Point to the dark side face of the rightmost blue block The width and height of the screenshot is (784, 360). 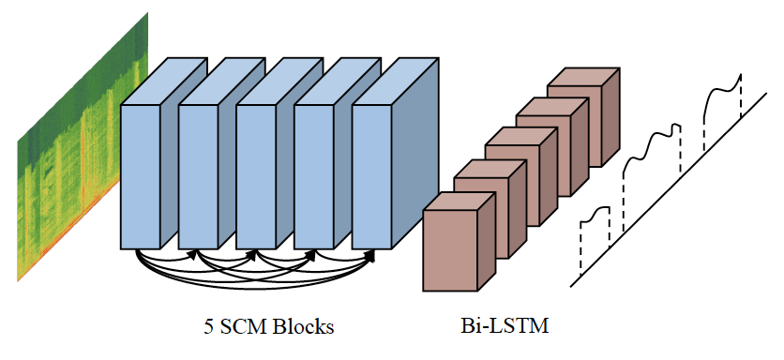415,150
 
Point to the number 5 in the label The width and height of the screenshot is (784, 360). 208,327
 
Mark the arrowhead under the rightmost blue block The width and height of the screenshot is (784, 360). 369,252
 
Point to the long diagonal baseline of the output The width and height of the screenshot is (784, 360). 675,187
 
